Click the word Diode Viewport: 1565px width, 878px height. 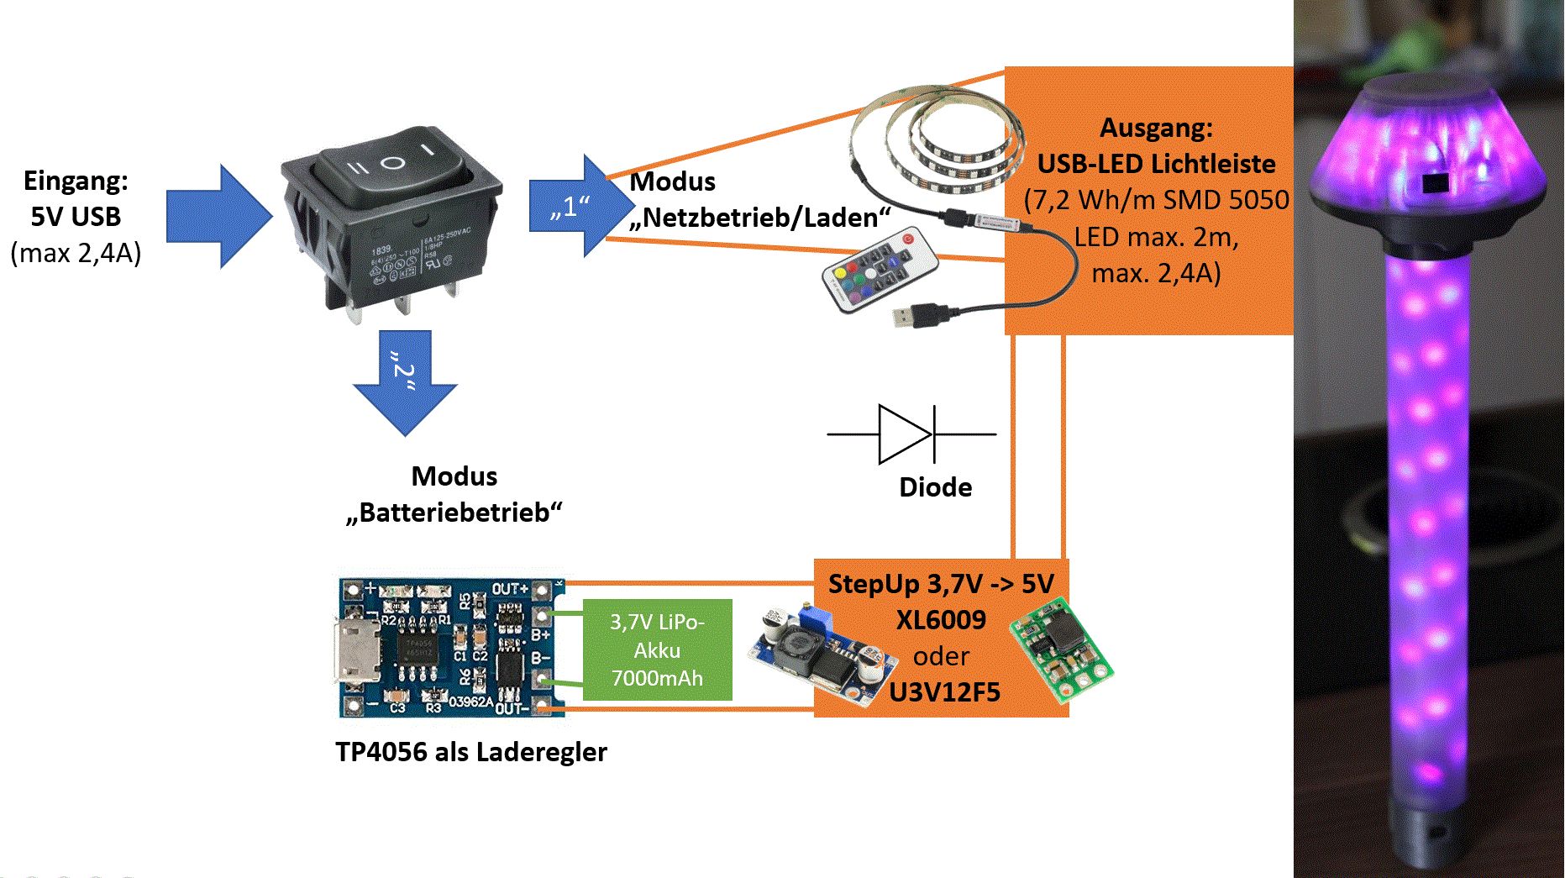click(x=935, y=487)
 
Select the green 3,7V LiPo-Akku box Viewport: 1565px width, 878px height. click(x=657, y=649)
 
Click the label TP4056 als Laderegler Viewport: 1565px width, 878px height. click(x=470, y=752)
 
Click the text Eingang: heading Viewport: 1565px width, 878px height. click(x=76, y=181)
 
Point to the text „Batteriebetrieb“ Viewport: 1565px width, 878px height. click(x=454, y=513)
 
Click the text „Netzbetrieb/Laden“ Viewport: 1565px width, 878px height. click(x=759, y=218)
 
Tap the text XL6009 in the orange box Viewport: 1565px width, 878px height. click(x=941, y=620)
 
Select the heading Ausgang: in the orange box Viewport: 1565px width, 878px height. click(x=1156, y=128)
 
